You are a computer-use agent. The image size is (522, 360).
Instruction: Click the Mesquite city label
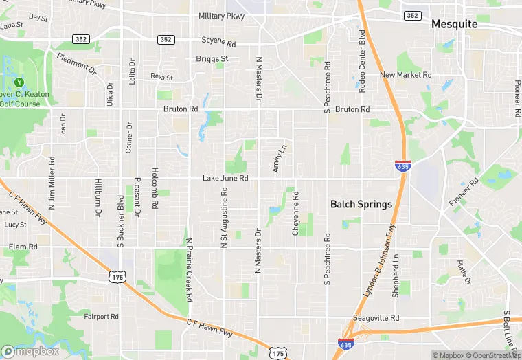(x=454, y=24)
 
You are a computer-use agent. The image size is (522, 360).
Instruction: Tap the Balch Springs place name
(x=361, y=204)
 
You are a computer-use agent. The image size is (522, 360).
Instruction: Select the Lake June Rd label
(x=225, y=179)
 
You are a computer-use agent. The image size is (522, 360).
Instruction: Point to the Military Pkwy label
(x=220, y=15)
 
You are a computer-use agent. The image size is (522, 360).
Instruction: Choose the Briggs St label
(x=212, y=59)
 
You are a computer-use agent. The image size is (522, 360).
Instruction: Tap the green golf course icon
(x=19, y=82)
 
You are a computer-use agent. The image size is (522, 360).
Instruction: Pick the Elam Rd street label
(x=23, y=247)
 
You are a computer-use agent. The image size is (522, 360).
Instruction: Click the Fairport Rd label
(x=102, y=317)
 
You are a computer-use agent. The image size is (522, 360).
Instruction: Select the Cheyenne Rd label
(x=296, y=214)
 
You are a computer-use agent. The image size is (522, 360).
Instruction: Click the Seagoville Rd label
(x=375, y=318)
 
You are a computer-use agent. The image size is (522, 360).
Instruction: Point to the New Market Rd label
(x=405, y=75)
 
